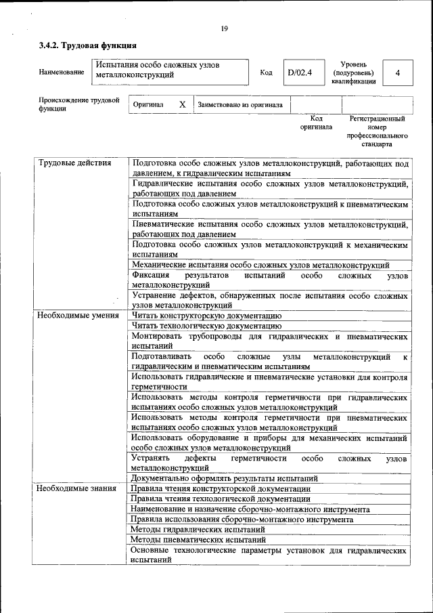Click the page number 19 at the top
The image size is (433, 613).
(x=224, y=28)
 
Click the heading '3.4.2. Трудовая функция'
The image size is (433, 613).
(x=87, y=46)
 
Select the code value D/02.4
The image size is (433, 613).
(x=299, y=72)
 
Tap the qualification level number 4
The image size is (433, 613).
(x=398, y=73)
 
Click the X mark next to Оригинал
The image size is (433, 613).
(x=182, y=105)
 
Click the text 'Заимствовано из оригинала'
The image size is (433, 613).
(x=240, y=105)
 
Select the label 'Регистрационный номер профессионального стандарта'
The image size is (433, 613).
(x=377, y=131)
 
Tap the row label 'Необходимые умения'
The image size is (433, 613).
(x=78, y=316)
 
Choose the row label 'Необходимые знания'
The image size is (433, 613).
(x=76, y=488)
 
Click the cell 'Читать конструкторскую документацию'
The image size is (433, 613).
(x=206, y=316)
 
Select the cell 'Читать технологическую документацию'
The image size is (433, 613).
(x=206, y=326)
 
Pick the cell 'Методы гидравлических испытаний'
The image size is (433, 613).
(x=197, y=529)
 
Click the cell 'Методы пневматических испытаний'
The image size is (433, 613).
(x=198, y=540)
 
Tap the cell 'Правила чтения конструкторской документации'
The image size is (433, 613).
(x=221, y=488)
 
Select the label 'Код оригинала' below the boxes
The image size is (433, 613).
(x=316, y=123)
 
